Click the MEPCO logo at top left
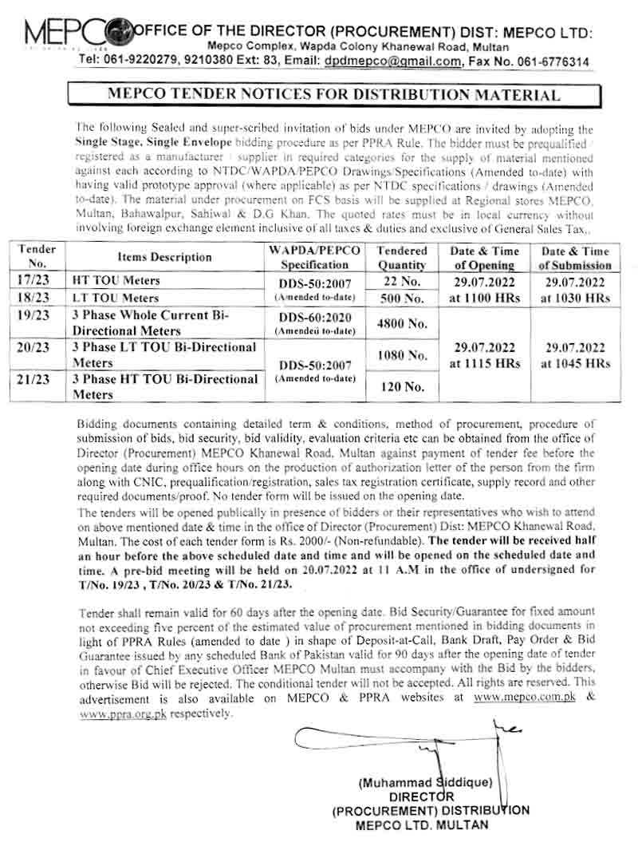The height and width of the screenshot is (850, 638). [76, 32]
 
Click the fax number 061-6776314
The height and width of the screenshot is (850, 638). [547, 61]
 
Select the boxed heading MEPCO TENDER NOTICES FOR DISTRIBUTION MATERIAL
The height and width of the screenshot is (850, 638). [333, 95]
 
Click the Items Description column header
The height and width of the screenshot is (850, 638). [164, 257]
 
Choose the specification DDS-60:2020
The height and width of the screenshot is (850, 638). [316, 316]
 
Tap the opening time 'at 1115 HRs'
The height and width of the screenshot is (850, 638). [486, 364]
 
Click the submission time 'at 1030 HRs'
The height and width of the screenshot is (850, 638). [576, 298]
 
